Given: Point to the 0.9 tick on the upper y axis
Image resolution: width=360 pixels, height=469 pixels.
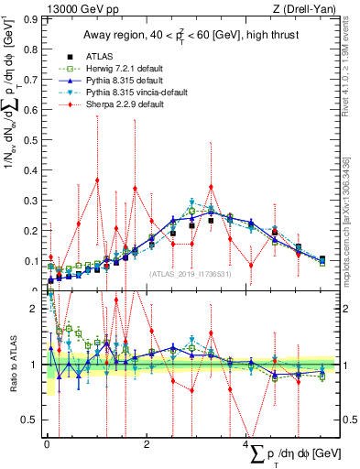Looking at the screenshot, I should click(33, 18).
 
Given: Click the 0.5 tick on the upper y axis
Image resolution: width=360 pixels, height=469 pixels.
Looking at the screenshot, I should click(33, 139).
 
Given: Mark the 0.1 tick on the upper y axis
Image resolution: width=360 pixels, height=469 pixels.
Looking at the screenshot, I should click(33, 261).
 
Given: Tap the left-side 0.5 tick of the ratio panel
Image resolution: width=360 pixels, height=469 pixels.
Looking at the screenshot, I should click(33, 420).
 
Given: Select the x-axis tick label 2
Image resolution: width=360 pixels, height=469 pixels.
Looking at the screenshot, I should click(147, 445).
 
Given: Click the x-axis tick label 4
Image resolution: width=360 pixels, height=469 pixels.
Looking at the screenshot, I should click(246, 445).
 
